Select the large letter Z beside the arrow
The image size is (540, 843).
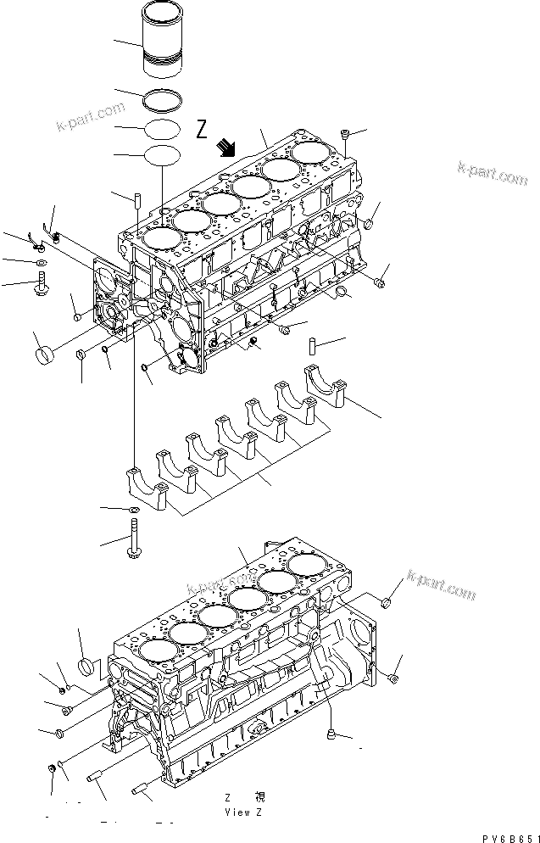pyautogui.click(x=201, y=129)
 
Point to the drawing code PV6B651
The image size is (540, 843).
pyautogui.click(x=507, y=837)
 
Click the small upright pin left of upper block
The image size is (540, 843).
pyautogui.click(x=136, y=206)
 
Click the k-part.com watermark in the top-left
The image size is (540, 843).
pyautogui.click(x=91, y=118)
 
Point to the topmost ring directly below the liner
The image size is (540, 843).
pyautogui.click(x=164, y=100)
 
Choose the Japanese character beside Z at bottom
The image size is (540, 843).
pyautogui.click(x=259, y=798)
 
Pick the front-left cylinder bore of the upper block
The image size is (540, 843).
pyautogui.click(x=163, y=240)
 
